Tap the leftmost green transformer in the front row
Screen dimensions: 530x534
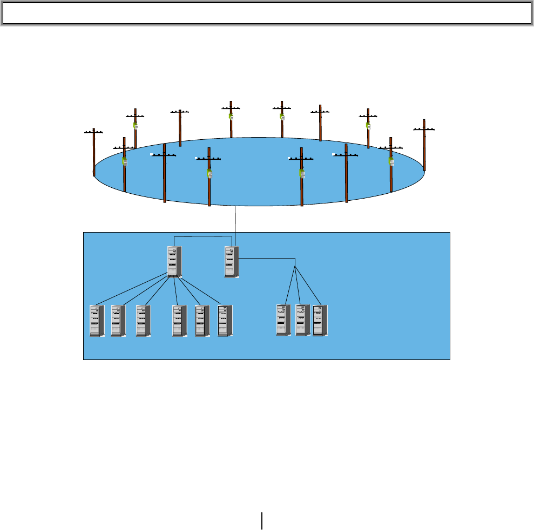point(124,161)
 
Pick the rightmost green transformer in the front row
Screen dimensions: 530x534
point(391,161)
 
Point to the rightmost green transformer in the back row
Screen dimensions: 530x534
point(368,125)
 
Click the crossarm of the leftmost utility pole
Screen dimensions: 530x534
point(93,132)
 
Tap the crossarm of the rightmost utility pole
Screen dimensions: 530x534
point(424,129)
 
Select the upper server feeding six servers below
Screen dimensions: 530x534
point(174,262)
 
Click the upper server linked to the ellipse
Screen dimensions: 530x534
point(232,262)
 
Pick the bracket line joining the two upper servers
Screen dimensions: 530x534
point(202,236)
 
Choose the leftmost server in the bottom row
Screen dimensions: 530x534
point(97,321)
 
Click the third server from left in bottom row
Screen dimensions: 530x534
point(143,321)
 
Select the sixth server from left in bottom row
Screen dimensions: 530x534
point(225,321)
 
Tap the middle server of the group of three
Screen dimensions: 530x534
point(303,321)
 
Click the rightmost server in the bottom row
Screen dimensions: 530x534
point(320,321)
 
